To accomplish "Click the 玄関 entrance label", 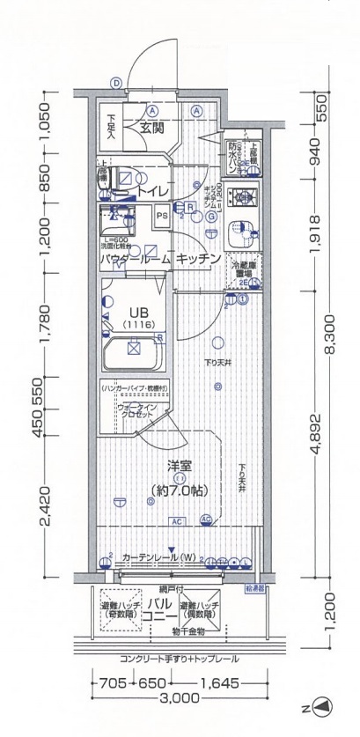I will click(151, 129).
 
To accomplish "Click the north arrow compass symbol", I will click(322, 706).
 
